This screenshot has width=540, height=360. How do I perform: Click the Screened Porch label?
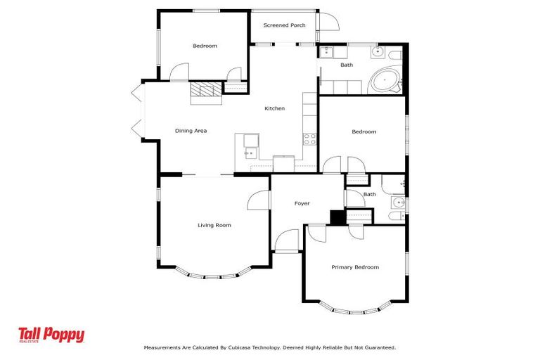pyautogui.click(x=284, y=25)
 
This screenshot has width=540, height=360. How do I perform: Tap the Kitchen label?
pyautogui.click(x=274, y=108)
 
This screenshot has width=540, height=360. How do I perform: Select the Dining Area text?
pyautogui.click(x=191, y=131)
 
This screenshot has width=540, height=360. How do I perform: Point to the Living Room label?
pyautogui.click(x=214, y=225)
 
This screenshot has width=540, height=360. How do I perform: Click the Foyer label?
pyautogui.click(x=302, y=204)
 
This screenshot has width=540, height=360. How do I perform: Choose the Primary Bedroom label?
pyautogui.click(x=355, y=267)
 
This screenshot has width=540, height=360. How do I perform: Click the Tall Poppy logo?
pyautogui.click(x=51, y=335)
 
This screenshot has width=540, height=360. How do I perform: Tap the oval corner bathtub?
pyautogui.click(x=385, y=81)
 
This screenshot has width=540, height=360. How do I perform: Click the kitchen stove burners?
pyautogui.click(x=309, y=139)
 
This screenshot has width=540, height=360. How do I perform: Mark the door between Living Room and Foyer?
pyautogui.click(x=258, y=200)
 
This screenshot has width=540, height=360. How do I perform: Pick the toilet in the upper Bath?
pyautogui.click(x=395, y=55)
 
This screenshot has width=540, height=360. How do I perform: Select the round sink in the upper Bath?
pyautogui.click(x=378, y=52)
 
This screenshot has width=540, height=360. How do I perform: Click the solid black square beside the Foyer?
pyautogui.click(x=337, y=217)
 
